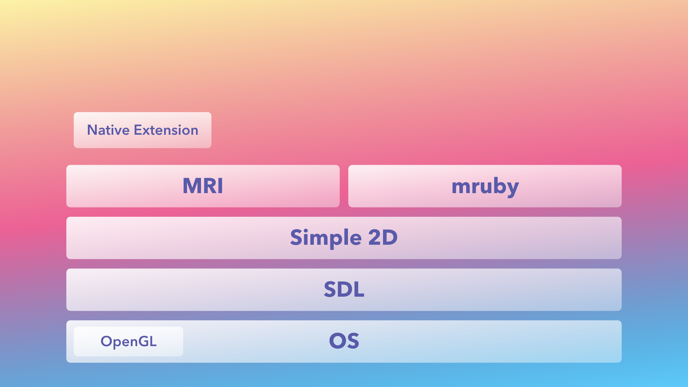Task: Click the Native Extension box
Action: [x=142, y=130]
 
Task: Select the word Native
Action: [x=108, y=130]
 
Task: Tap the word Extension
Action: [x=166, y=130]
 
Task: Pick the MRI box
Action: [x=203, y=186]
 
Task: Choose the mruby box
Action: [x=485, y=186]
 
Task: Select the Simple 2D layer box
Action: [x=344, y=238]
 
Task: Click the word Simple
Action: [x=326, y=238]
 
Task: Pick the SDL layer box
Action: [x=344, y=290]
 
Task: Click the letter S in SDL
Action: [x=330, y=289]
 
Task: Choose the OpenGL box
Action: [x=129, y=341]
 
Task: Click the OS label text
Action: [x=344, y=341]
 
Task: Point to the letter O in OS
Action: [x=338, y=341]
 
